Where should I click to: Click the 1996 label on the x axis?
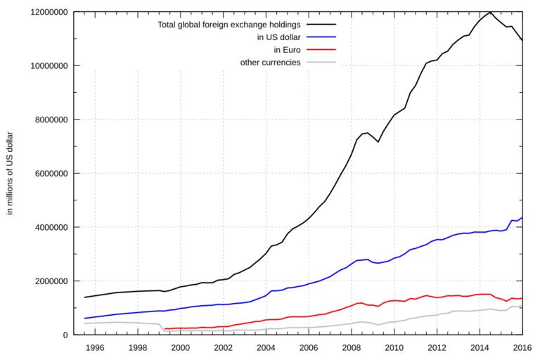tap(96, 347)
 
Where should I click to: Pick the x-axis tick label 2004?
tap(266, 347)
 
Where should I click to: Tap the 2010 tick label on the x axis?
tap(394, 347)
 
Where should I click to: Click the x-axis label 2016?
tap(521, 347)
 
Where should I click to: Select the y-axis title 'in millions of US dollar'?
tap(11, 173)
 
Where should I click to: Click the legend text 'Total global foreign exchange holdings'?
tap(230, 25)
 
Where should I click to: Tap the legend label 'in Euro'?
tap(287, 50)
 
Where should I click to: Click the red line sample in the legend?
tap(321, 50)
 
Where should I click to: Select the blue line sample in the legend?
tap(321, 37)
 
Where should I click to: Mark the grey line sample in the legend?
tap(321, 63)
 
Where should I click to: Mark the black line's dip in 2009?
tap(378, 142)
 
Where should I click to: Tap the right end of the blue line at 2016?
tap(521, 218)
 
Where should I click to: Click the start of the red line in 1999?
tap(165, 329)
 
